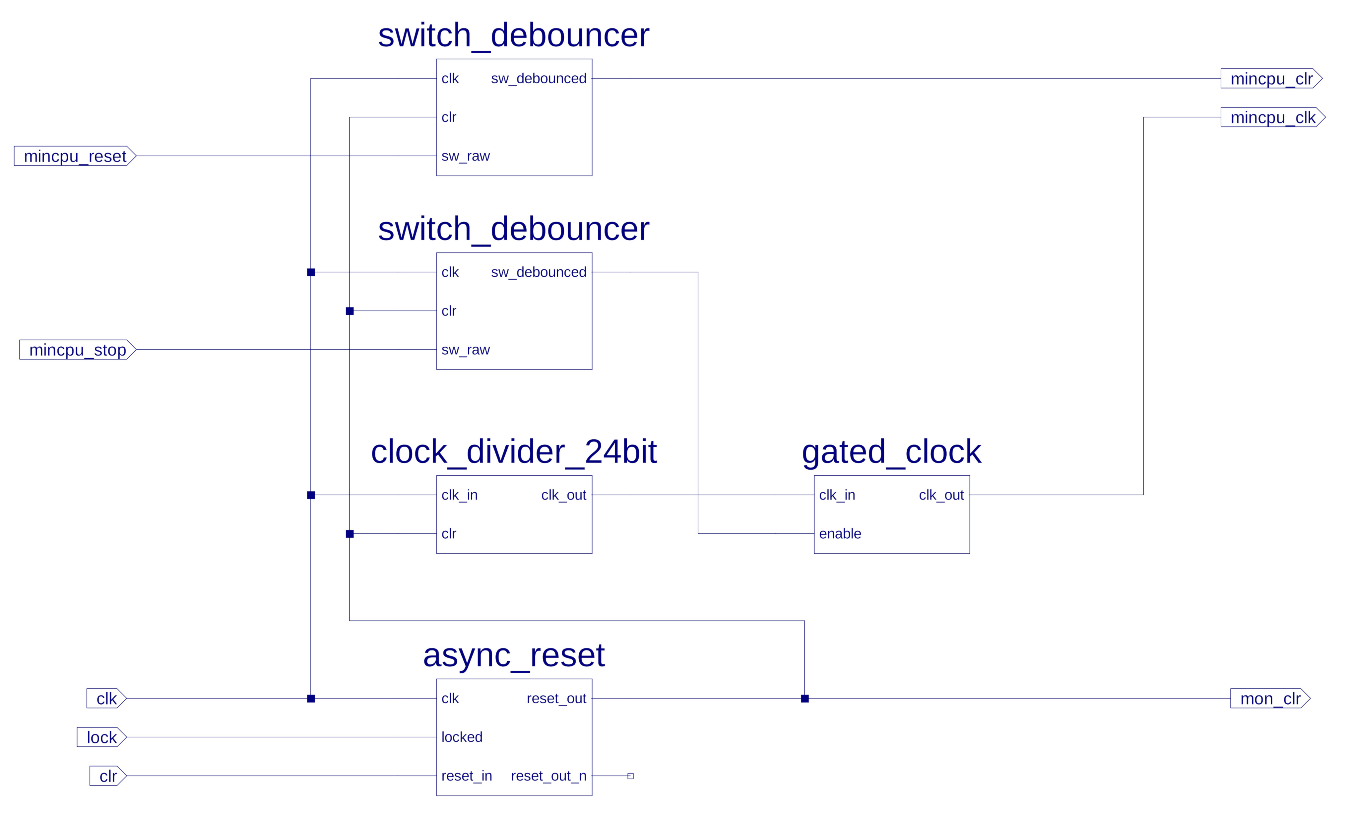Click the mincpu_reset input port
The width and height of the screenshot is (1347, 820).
click(75, 156)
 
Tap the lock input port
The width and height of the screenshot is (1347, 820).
click(102, 737)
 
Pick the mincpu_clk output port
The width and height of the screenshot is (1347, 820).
click(1273, 117)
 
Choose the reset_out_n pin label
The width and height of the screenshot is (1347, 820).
click(548, 776)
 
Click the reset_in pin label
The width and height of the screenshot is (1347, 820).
click(466, 776)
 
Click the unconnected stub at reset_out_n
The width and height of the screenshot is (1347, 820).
click(630, 776)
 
